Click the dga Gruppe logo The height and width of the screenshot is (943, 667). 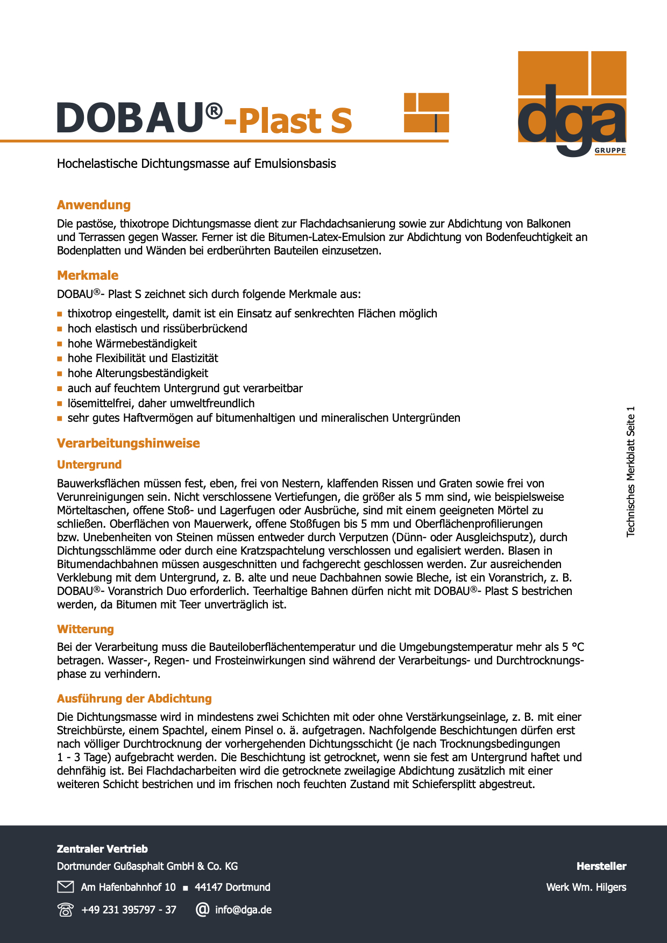coord(572,103)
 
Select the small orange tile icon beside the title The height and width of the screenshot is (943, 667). coord(426,112)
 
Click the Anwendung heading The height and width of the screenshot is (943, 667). coord(94,205)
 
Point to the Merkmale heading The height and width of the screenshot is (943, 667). coord(88,275)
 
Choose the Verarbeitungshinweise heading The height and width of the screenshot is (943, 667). coord(128,443)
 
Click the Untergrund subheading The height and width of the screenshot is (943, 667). coord(89,465)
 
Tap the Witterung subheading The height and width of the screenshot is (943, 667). coord(86,629)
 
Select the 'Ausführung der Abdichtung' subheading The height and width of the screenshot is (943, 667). coord(134,699)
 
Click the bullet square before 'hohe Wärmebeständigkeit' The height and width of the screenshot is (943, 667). coord(60,344)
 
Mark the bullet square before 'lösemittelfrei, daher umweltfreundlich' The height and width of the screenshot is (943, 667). coord(60,403)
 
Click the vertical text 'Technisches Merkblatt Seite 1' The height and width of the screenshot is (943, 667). coord(631,471)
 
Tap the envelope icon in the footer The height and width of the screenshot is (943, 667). coord(65,887)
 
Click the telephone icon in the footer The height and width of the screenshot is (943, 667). coord(65,910)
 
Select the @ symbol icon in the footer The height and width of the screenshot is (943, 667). coord(202,910)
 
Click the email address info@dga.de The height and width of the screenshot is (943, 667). coord(243,910)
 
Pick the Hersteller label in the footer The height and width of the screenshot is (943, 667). coord(601,866)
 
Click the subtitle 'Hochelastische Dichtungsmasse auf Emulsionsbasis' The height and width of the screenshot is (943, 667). coord(196,164)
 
